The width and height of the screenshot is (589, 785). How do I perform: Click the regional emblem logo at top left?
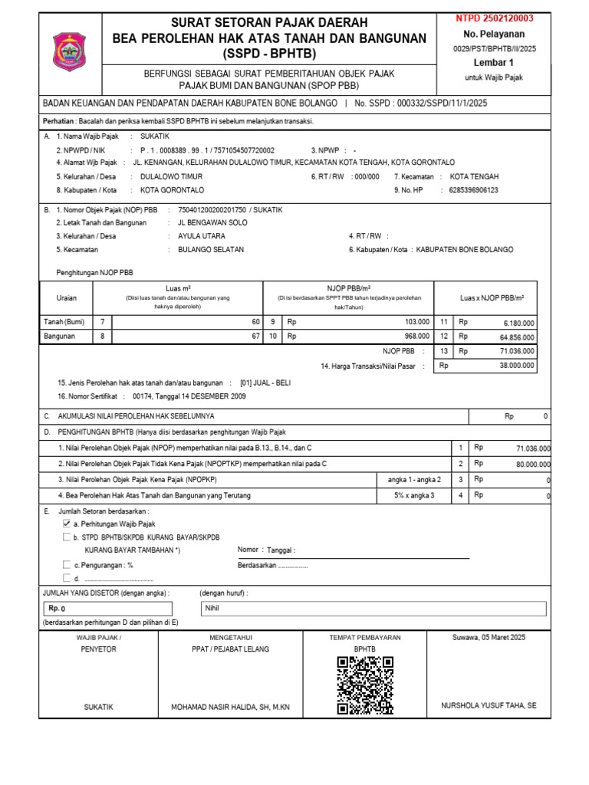coord(69,52)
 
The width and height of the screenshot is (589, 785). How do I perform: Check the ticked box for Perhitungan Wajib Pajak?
coord(67,523)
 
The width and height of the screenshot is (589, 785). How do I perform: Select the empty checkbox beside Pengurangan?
coord(67,565)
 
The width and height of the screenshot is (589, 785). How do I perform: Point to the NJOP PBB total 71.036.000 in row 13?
coord(516,350)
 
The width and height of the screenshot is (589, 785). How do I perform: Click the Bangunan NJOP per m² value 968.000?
coord(416,336)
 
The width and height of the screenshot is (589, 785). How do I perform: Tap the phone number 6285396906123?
coord(473,190)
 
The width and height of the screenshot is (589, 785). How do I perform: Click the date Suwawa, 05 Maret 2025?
coord(489,637)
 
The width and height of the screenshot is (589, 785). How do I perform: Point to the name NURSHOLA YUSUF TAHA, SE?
coord(489,705)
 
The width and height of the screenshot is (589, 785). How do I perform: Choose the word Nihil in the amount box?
coord(212,608)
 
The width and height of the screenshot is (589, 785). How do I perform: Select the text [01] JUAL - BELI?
coord(265,383)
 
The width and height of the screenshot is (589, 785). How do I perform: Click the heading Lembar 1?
coord(493,63)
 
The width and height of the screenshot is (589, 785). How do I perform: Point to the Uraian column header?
coord(67,297)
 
